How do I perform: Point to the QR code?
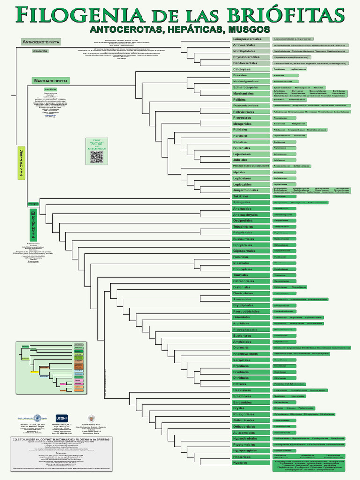click(x=96, y=157)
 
